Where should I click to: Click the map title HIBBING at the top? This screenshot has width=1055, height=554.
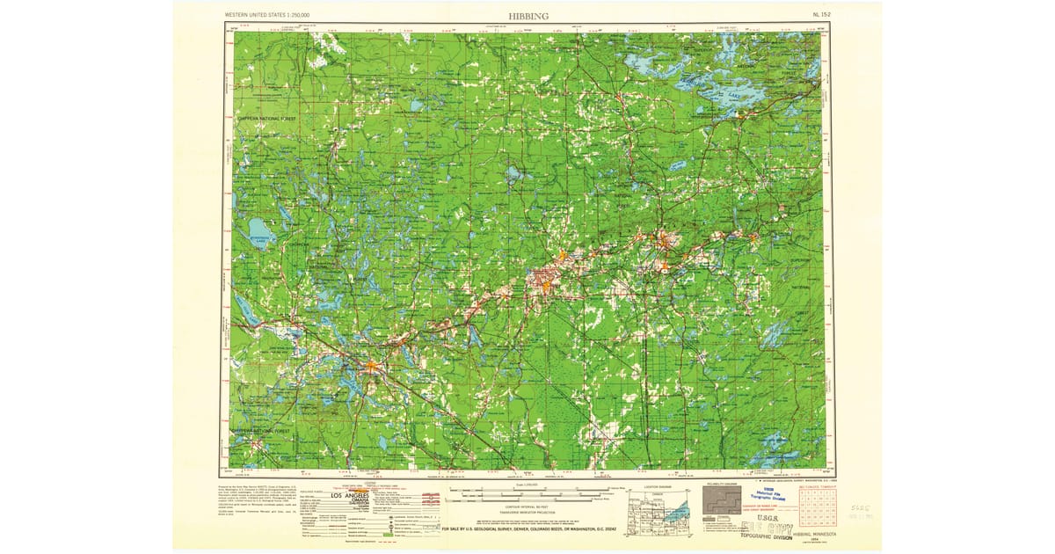(527, 15)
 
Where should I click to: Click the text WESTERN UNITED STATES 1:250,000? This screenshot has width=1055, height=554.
(273, 15)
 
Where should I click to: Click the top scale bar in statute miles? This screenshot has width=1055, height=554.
(527, 486)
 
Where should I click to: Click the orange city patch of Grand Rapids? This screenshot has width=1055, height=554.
(373, 362)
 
